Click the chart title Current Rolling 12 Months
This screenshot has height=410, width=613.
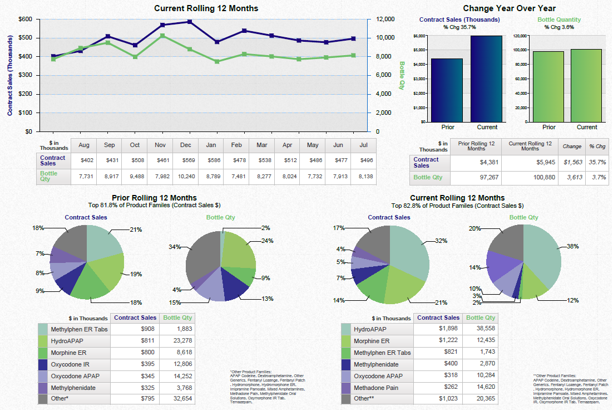pos(206,8)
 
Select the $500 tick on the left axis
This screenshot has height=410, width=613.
pos(24,38)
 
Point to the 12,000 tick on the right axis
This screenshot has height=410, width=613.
pos(385,19)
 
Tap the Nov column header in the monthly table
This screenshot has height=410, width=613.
pos(160,145)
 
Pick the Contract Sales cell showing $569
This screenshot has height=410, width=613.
pos(186,160)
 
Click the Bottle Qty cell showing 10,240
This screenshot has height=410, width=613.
pos(186,176)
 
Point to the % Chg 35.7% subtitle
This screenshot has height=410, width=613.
pos(459,27)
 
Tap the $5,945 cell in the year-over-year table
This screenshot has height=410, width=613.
pos(531,162)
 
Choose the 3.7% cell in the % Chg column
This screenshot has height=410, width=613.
pos(597,177)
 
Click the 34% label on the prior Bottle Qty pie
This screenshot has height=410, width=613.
pos(175,247)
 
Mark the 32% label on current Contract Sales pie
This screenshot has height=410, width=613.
pos(441,241)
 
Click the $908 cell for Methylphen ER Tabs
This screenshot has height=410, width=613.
pos(135,329)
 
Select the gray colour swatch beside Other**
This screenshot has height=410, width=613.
pos(346,399)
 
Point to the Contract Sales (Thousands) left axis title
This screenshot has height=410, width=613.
pos(10,75)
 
